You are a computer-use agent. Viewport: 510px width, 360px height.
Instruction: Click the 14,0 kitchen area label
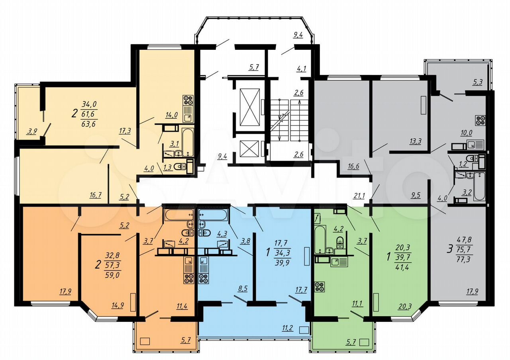click(x=171, y=115)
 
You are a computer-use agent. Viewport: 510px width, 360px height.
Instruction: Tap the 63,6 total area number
click(x=89, y=124)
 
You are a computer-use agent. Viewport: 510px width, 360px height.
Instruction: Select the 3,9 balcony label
click(x=32, y=131)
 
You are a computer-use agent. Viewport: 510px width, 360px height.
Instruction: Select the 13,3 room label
click(x=416, y=141)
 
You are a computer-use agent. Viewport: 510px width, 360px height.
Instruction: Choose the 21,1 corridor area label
click(x=359, y=195)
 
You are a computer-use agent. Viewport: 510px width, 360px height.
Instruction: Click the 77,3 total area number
click(x=464, y=259)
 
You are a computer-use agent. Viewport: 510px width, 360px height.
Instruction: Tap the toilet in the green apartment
click(x=340, y=243)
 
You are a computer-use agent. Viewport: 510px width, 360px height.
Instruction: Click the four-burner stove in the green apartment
click(x=320, y=287)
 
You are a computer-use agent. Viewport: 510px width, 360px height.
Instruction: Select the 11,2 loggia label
click(x=288, y=328)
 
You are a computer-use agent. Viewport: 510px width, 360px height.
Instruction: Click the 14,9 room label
click(x=118, y=305)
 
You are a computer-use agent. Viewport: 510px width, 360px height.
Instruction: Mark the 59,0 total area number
click(x=112, y=275)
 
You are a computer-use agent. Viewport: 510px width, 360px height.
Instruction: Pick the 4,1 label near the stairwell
click(x=301, y=68)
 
